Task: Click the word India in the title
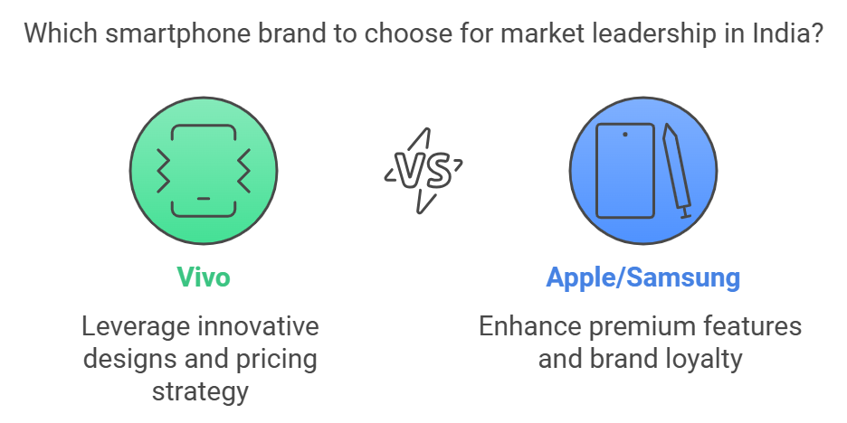[778, 33]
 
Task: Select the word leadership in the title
[664, 34]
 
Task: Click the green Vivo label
[204, 277]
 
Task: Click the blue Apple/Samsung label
[642, 278]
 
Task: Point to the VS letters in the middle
[423, 171]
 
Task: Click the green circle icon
[204, 171]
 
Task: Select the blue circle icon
[643, 171]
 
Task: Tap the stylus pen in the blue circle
[677, 171]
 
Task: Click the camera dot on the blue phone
[625, 135]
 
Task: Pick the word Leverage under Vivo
[136, 327]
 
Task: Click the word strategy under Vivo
[200, 391]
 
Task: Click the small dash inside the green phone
[204, 199]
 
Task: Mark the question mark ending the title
[815, 33]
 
